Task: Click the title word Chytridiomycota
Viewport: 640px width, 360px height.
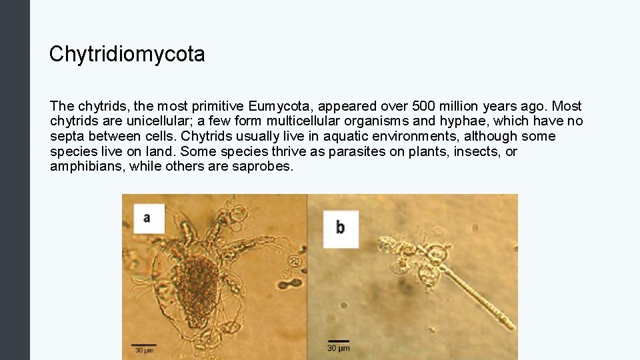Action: point(127,55)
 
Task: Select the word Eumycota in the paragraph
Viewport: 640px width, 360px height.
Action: point(274,107)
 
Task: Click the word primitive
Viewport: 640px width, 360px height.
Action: point(217,107)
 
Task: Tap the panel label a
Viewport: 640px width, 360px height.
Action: point(148,218)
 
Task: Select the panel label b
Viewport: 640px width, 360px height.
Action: point(340,228)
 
